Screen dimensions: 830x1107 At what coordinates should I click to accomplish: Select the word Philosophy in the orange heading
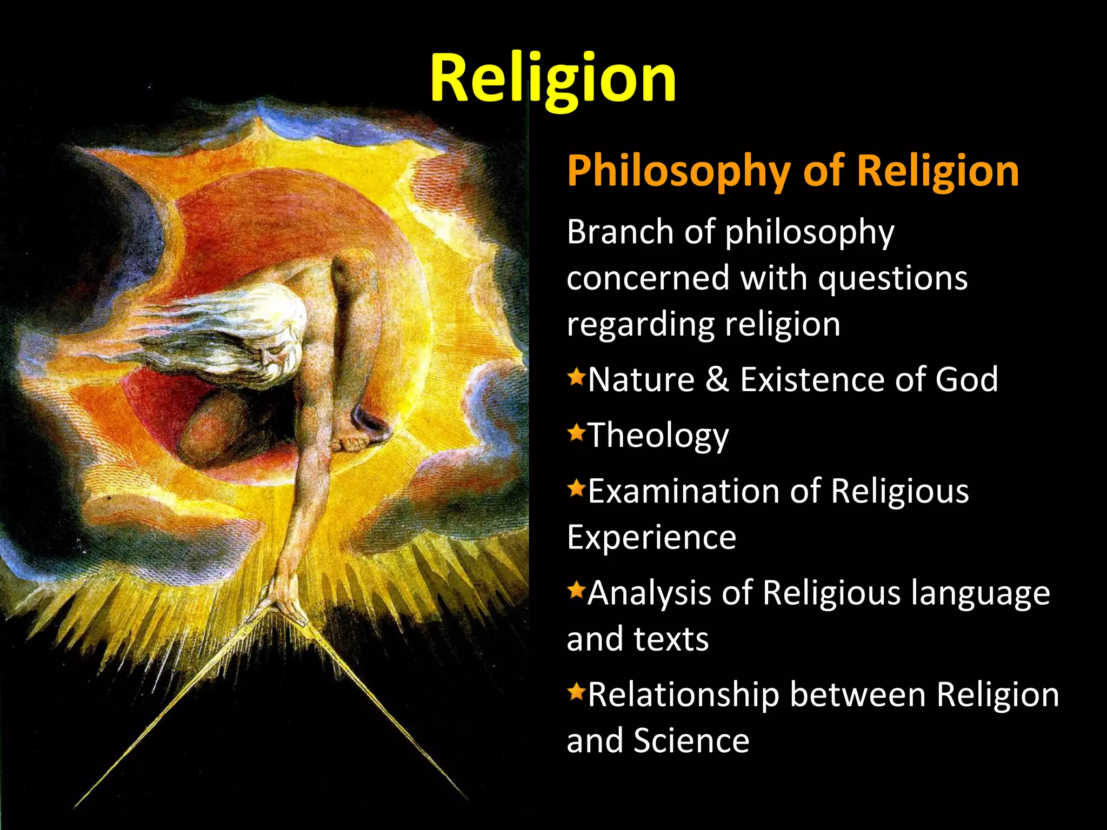click(678, 171)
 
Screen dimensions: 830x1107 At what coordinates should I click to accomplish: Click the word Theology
click(658, 436)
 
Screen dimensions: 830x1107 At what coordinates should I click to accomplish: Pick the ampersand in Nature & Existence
click(717, 379)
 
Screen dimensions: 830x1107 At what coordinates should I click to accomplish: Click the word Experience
click(651, 538)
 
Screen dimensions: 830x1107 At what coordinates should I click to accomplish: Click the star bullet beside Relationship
click(576, 691)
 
